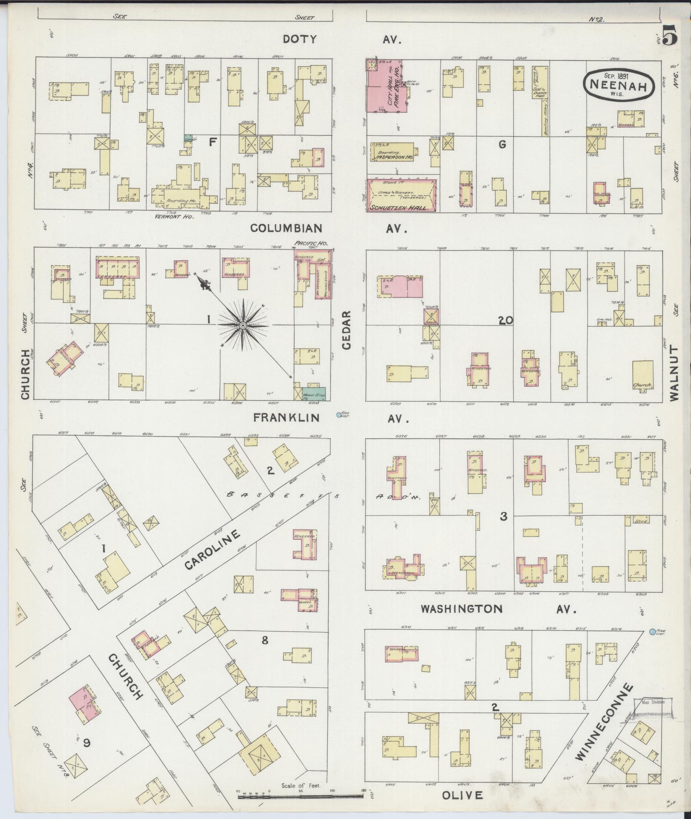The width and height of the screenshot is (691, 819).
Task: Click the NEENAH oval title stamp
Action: (618, 85)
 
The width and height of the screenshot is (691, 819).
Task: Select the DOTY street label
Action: (299, 39)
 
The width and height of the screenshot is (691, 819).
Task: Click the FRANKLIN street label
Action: (286, 417)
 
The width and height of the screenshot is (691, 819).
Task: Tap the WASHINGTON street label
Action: (461, 609)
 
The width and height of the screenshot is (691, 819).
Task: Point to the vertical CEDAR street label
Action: (347, 330)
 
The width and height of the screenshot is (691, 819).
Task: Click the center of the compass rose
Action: (242, 326)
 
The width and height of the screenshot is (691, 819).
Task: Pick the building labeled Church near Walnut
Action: (643, 375)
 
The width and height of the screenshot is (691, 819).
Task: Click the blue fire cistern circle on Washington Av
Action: (652, 632)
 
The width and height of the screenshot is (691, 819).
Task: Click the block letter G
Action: (502, 145)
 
